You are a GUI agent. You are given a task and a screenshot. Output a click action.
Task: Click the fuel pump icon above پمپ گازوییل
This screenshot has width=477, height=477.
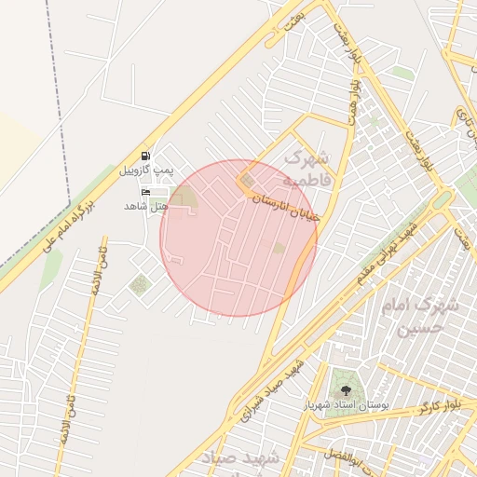click(x=145, y=157)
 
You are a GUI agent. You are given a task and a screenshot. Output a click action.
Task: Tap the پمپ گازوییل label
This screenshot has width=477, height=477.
click(x=145, y=172)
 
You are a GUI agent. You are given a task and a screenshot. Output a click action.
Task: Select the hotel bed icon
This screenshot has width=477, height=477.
click(x=145, y=191)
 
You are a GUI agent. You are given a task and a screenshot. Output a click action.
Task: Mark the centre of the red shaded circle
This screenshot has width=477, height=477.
click(x=238, y=238)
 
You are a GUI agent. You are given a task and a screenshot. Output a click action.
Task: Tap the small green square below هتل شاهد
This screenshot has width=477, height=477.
click(x=139, y=285)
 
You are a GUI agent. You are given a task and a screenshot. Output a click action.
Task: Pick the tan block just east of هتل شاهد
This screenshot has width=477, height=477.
click(x=184, y=197)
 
